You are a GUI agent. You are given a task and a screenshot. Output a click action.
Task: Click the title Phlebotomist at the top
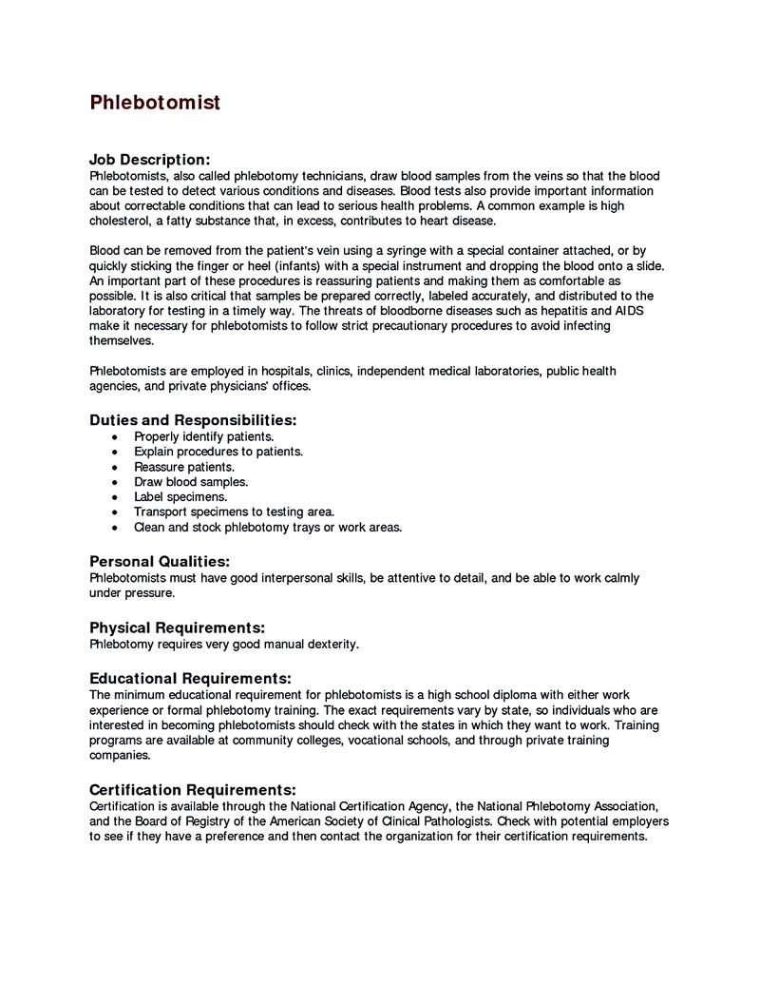(155, 103)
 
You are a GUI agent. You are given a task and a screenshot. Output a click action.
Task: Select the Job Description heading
(149, 160)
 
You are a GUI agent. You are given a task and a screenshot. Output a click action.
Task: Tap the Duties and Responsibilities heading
(193, 419)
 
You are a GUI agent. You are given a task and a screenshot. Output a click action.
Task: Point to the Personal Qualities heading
(159, 562)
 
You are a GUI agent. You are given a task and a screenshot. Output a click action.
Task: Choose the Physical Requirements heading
(177, 627)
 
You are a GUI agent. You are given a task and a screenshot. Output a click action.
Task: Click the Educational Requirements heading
(190, 679)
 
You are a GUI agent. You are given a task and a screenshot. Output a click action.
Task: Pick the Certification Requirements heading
(193, 790)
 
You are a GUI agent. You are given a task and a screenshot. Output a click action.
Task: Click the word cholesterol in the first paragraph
(121, 221)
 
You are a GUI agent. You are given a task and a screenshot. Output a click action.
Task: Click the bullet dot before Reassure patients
(115, 467)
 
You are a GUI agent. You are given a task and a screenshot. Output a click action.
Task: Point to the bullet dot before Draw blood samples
(115, 482)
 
